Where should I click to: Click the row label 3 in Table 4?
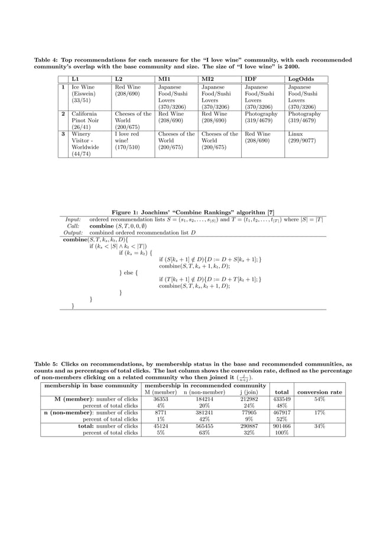(x=63, y=134)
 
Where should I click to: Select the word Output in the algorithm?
(x=73, y=232)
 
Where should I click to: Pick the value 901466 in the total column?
(x=282, y=425)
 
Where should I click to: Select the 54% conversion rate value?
(x=320, y=399)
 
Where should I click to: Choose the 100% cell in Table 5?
(x=282, y=432)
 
